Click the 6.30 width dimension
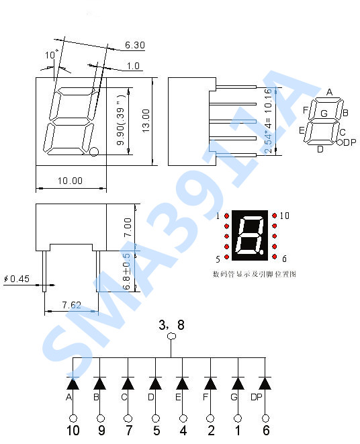point(134,46)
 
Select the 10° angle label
point(52,54)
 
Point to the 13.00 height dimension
point(146,122)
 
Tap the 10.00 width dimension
point(70,180)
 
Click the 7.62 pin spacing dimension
point(71,305)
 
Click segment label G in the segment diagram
point(324,114)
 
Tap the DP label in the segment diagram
point(349,142)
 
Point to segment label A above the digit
point(329,92)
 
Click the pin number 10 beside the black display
point(284,216)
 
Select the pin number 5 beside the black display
point(218,259)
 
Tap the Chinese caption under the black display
point(254,274)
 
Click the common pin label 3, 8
point(171,326)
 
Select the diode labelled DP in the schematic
point(265,383)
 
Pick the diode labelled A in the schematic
point(73,383)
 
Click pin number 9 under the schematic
point(101,431)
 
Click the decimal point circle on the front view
point(94,152)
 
